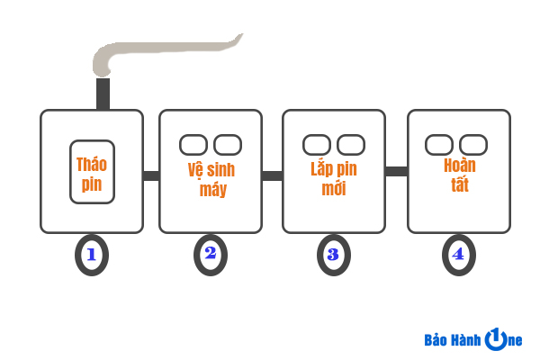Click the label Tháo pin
click(91, 175)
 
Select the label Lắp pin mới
click(332, 178)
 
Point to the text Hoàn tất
click(459, 175)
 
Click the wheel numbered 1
click(91, 254)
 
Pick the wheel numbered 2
click(211, 254)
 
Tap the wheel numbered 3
click(333, 255)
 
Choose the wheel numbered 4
click(458, 255)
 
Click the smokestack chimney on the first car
click(103, 94)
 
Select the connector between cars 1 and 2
click(151, 175)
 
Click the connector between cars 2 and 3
click(272, 175)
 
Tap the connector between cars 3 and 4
click(396, 171)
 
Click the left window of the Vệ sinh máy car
click(193, 144)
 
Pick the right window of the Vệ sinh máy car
click(228, 144)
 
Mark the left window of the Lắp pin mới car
click(316, 144)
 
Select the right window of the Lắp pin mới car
click(350, 144)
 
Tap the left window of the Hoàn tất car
click(439, 144)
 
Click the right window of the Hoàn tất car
click(473, 144)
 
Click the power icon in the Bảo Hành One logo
click(496, 339)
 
